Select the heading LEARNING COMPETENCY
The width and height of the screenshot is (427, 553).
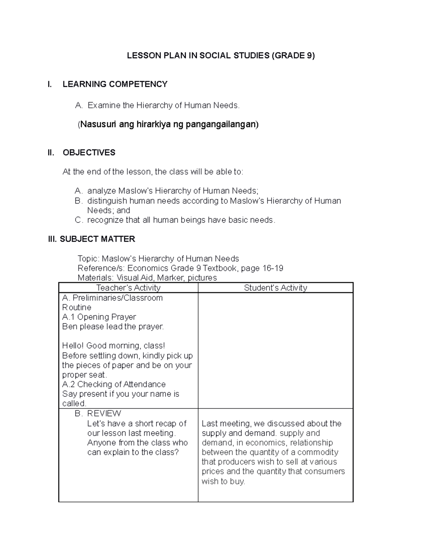click(115, 84)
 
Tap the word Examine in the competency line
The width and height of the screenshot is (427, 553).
click(104, 105)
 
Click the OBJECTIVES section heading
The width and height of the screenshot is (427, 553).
click(89, 153)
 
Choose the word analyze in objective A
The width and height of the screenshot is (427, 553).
click(101, 191)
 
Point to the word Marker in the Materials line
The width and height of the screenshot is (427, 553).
click(170, 278)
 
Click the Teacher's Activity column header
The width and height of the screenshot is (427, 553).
click(128, 288)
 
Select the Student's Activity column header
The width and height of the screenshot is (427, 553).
click(275, 288)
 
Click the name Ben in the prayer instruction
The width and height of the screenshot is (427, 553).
click(69, 327)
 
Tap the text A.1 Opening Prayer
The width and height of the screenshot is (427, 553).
click(99, 317)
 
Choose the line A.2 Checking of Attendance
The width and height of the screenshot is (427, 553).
click(114, 384)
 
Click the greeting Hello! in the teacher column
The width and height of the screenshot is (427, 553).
click(73, 346)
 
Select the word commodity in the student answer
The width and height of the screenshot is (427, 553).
click(318, 452)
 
